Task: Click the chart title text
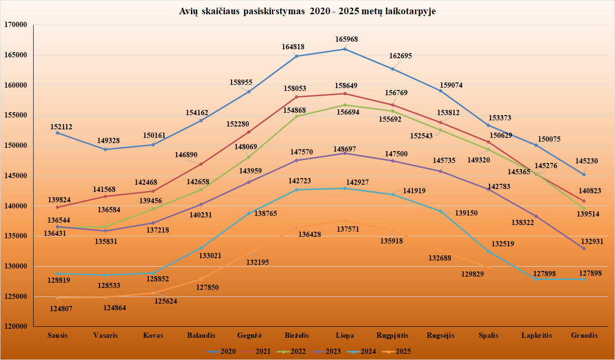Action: (x=307, y=12)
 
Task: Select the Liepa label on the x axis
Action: (x=345, y=335)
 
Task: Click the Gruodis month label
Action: (x=584, y=335)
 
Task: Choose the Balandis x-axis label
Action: (x=201, y=335)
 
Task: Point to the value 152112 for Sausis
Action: (x=62, y=127)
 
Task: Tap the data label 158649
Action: (x=346, y=86)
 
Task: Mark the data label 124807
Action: (x=62, y=309)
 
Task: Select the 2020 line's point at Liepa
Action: (x=345, y=49)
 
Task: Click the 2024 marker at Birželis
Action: (x=297, y=189)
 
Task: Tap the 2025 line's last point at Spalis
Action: (x=488, y=268)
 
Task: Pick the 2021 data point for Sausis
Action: (x=57, y=207)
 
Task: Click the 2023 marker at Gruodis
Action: (x=584, y=248)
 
